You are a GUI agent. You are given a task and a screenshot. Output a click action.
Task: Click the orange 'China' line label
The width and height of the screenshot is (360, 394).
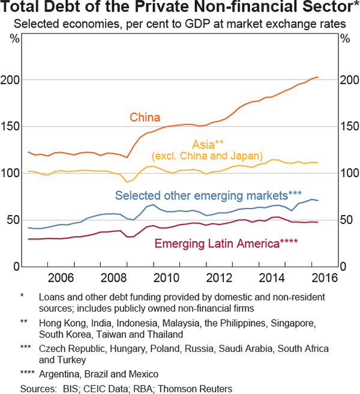145,117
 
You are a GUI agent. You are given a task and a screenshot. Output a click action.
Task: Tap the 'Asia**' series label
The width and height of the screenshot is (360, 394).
208,144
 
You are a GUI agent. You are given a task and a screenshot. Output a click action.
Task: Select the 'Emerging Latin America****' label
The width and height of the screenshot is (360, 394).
226,243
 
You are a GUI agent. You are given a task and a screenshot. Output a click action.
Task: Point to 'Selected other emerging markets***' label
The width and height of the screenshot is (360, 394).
208,195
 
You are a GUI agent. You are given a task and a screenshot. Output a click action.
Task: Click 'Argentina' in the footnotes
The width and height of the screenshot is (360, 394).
59,373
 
